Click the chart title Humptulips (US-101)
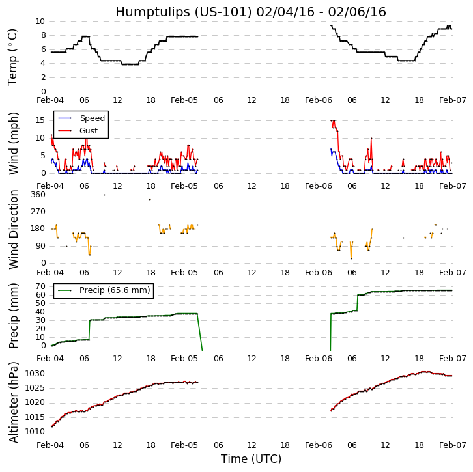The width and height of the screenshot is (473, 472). (x=250, y=12)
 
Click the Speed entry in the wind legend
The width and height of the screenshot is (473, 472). (x=92, y=118)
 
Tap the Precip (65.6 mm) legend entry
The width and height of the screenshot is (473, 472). (x=114, y=290)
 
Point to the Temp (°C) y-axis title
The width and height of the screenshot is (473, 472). (x=13, y=57)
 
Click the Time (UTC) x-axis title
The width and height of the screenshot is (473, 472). (x=251, y=459)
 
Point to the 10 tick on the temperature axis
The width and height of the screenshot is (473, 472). (x=40, y=21)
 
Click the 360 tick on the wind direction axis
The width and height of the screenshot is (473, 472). (x=38, y=195)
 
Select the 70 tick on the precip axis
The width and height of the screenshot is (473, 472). (x=40, y=286)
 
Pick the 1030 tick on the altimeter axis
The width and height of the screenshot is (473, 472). (x=35, y=374)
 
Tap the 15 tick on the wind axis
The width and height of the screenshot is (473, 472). (x=40, y=120)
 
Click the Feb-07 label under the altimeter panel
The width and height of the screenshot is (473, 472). (x=451, y=445)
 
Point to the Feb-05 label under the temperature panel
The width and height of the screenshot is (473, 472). (x=184, y=101)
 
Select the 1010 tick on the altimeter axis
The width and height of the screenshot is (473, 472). (x=35, y=431)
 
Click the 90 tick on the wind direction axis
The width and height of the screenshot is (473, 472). (x=40, y=246)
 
